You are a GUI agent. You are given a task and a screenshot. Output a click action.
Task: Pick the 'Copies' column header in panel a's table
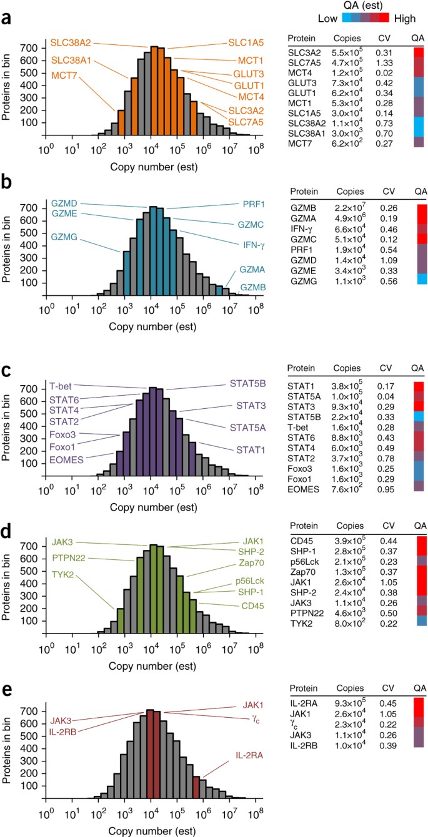(x=347, y=37)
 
